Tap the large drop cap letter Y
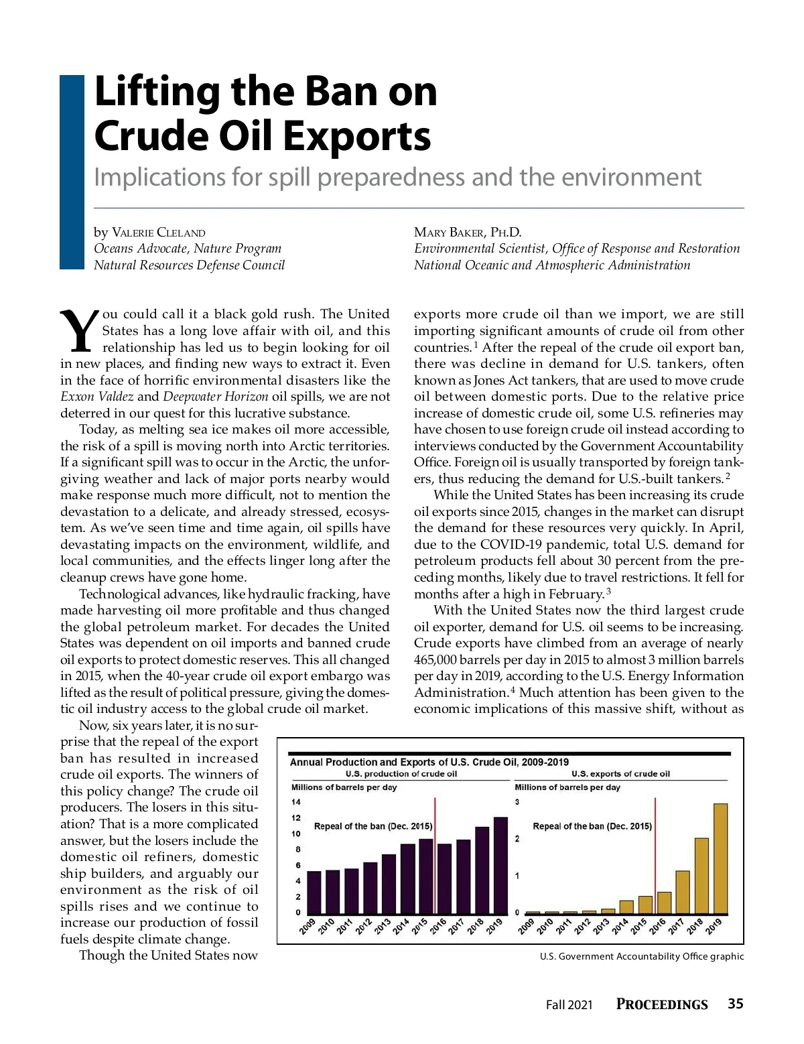point(80,331)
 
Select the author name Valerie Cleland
point(158,233)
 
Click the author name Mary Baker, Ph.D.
point(467,233)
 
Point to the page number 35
point(735,1003)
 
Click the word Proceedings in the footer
point(662,1004)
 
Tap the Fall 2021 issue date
point(569,1004)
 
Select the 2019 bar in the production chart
point(500,865)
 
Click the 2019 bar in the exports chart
point(720,858)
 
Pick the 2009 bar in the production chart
point(314,892)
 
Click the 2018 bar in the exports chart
point(701,876)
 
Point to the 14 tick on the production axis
point(296,802)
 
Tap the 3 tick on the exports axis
point(517,802)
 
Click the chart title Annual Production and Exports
point(429,762)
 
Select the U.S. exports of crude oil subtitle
point(620,774)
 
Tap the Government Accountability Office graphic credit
point(641,956)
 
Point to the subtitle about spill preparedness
point(397,178)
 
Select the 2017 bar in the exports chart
point(683,892)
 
